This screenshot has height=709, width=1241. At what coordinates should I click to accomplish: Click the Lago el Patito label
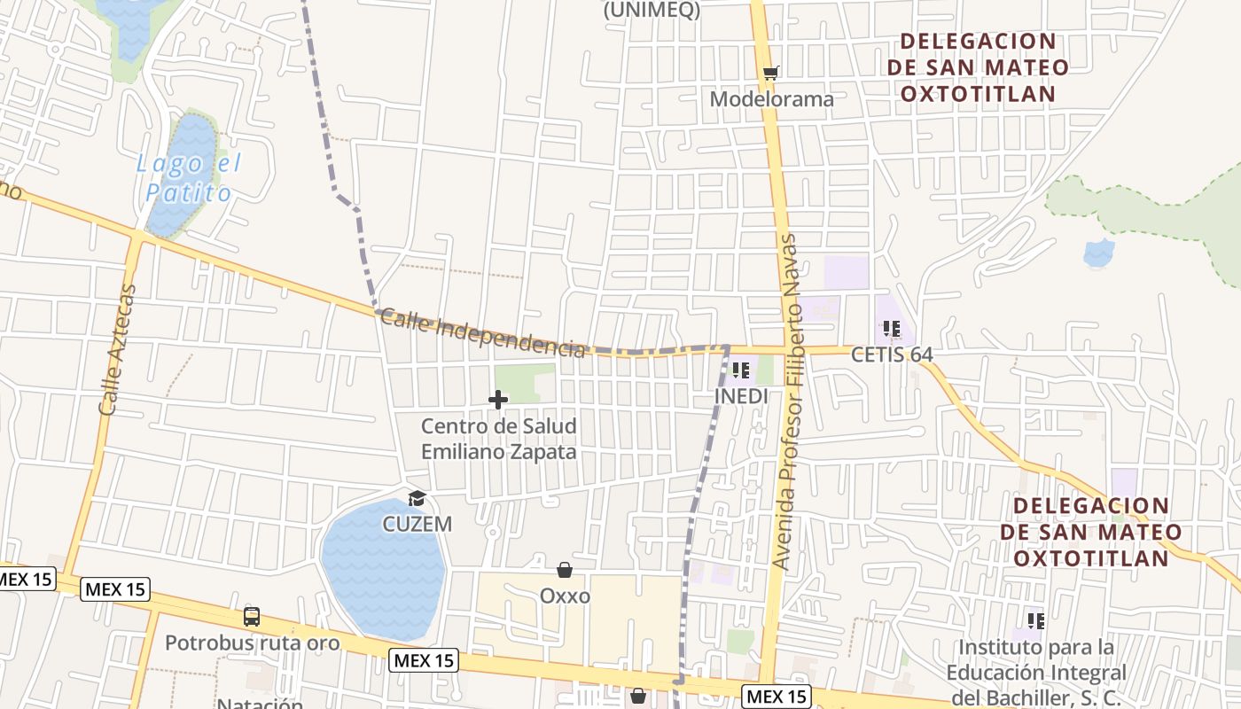coord(188,178)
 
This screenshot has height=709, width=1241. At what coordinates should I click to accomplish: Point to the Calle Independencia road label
coord(483,335)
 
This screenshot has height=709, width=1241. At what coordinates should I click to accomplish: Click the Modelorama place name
coord(771,99)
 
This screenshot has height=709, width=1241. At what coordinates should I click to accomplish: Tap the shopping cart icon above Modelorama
coord(770,73)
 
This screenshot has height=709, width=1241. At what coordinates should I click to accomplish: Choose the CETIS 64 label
coord(892,354)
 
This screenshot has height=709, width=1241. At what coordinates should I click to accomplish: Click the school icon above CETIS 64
coord(892,329)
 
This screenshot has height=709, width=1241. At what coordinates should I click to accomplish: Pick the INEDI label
coord(741,396)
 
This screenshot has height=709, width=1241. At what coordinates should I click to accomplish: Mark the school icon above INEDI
coord(741,370)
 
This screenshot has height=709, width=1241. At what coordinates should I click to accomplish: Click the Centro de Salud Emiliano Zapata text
coord(498,439)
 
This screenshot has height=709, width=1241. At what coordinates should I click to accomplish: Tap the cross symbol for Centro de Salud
coord(498,400)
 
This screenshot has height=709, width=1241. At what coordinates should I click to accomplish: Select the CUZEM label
coord(417,524)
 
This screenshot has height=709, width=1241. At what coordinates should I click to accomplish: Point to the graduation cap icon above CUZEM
coord(417,499)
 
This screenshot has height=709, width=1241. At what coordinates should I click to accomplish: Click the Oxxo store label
coord(565,596)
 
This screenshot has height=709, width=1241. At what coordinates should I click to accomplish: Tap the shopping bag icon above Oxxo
coord(565,570)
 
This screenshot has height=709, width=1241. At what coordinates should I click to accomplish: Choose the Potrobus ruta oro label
coord(253,643)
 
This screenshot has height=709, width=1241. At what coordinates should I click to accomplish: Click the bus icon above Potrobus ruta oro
coord(252,617)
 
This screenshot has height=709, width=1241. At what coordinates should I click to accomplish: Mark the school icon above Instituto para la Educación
coord(1035,620)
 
